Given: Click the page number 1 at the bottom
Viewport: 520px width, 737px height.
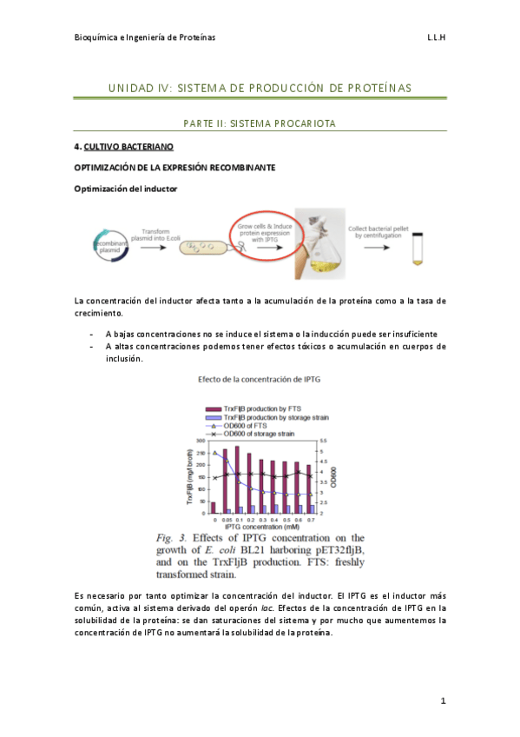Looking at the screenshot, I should [443, 700].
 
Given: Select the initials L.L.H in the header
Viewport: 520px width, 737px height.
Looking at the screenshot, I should [436, 38].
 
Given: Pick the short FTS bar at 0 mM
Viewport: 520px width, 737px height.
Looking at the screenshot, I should [213, 508].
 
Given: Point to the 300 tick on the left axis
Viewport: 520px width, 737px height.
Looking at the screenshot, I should [201, 442].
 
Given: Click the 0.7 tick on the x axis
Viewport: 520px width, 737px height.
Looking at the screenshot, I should [308, 520].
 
